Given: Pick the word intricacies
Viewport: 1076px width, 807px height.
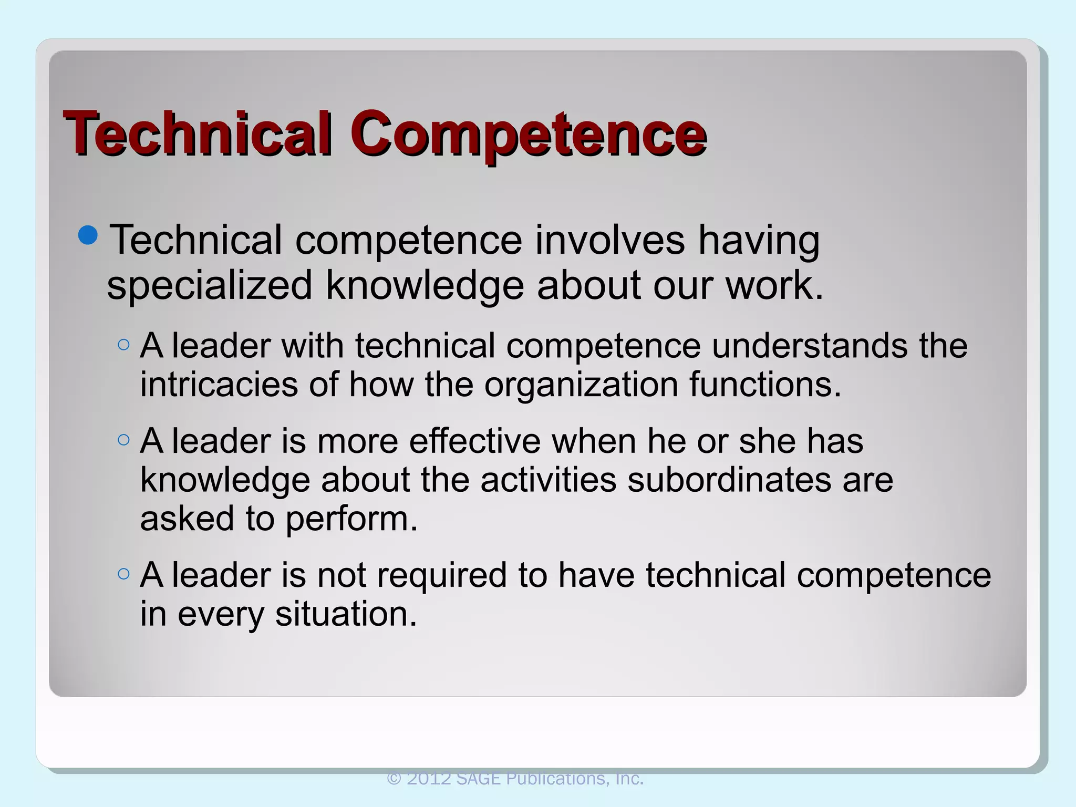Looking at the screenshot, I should click(219, 384).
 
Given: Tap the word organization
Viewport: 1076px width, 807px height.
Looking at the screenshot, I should click(581, 385).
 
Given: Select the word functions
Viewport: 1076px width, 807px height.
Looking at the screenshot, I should click(765, 384).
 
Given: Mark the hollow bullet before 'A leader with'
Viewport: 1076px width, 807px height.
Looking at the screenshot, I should click(123, 345).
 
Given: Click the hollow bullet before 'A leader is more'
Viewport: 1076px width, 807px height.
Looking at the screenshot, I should click(123, 440).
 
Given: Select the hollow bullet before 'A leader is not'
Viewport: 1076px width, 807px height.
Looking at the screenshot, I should click(123, 574).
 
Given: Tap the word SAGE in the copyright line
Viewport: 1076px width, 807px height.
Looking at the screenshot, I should click(478, 778).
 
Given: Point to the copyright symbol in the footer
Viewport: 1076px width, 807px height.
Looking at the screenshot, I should click(394, 779).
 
